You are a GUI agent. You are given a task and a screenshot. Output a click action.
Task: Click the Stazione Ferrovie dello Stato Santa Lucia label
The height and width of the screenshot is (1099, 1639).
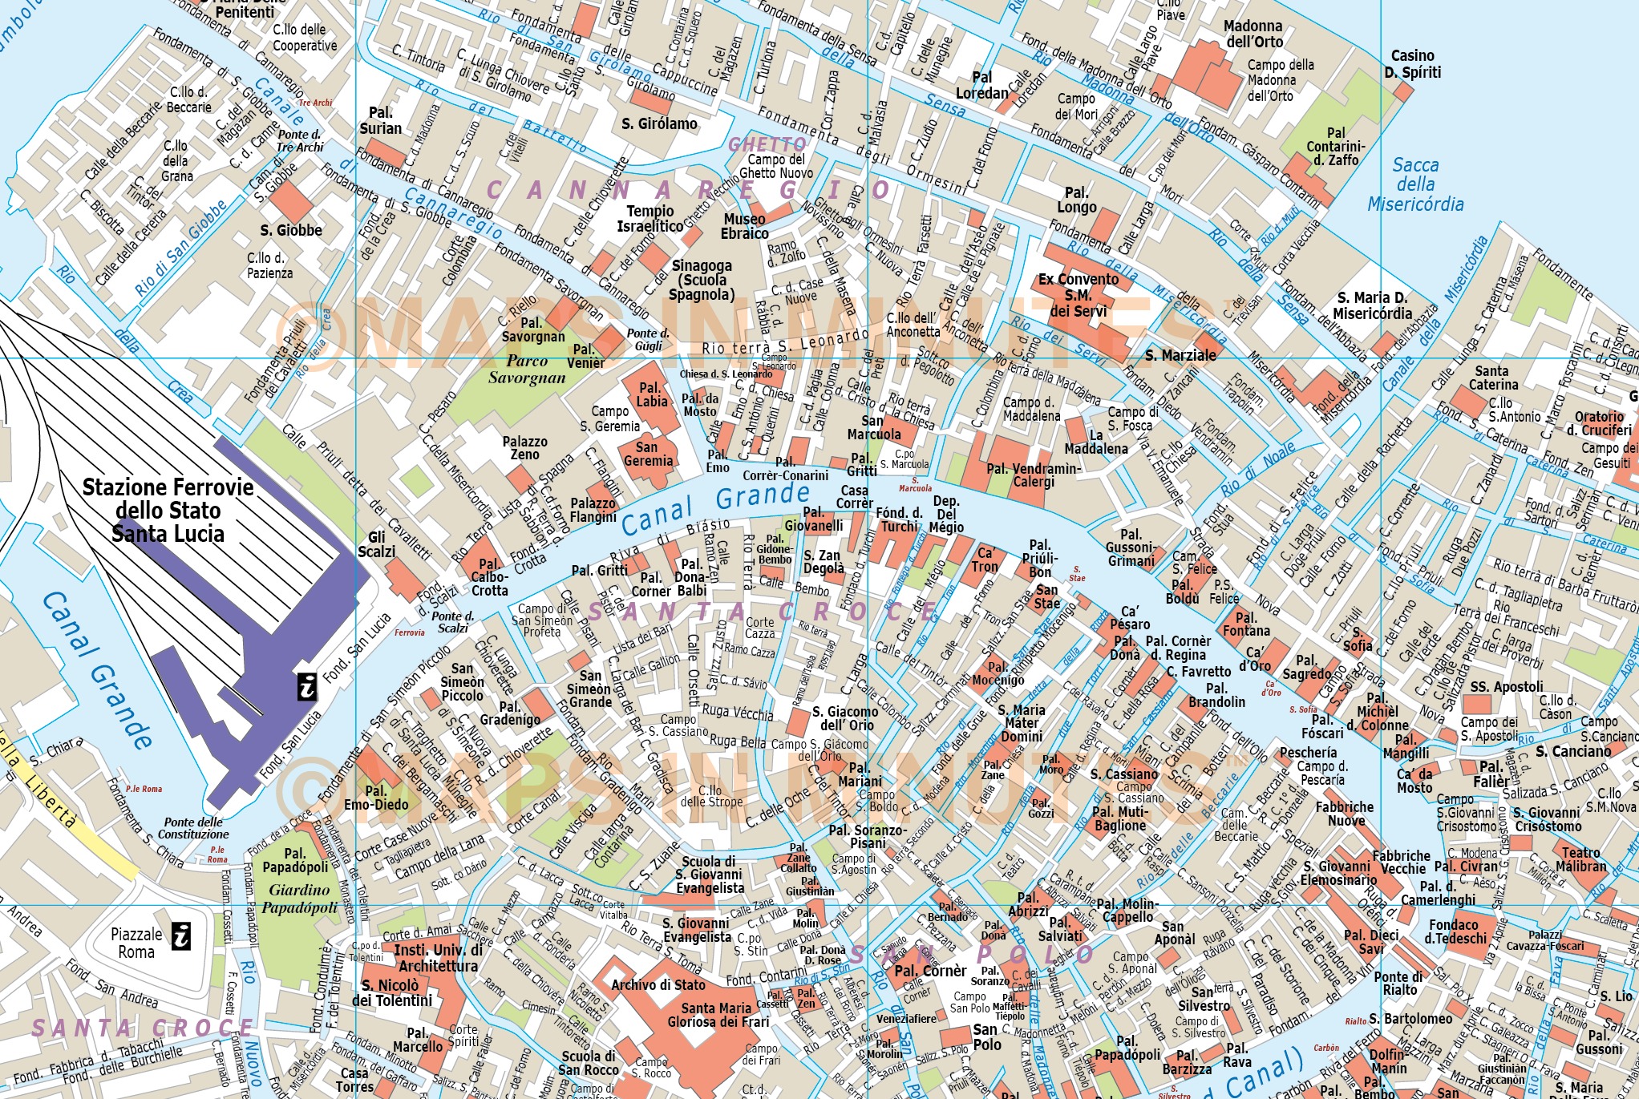tap(168, 511)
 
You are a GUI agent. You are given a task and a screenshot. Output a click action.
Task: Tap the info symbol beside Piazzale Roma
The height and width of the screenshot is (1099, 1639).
tap(182, 935)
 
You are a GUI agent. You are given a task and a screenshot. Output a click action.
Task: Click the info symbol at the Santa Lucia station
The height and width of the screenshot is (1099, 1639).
tap(307, 687)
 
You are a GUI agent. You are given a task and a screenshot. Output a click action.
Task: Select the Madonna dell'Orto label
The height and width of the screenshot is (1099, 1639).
tap(1253, 34)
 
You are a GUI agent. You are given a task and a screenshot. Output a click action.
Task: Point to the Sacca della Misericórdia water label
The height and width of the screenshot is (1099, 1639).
tap(1415, 184)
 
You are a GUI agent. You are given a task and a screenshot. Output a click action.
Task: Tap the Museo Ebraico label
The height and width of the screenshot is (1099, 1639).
tap(744, 226)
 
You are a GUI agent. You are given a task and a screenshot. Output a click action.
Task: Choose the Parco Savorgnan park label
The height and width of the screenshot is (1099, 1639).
tap(527, 370)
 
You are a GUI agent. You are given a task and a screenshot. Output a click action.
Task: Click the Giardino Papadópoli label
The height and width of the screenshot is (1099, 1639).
tap(299, 899)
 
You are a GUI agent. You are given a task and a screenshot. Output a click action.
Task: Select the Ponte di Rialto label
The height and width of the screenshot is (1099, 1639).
tap(1398, 983)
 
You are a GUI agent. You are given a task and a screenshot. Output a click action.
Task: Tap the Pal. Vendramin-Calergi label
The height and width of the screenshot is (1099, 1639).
tap(1034, 475)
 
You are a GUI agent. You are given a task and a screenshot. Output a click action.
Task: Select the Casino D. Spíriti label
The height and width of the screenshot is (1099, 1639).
tap(1412, 64)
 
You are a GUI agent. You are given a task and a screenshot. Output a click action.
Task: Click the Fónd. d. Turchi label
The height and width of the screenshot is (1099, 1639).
tap(899, 519)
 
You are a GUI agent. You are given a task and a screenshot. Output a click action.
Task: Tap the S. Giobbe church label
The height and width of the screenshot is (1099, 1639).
tap(290, 230)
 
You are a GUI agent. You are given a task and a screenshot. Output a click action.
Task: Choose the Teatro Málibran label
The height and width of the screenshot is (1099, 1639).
tap(1580, 859)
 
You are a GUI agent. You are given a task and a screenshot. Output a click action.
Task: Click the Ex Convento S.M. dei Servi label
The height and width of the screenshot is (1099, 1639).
tap(1078, 295)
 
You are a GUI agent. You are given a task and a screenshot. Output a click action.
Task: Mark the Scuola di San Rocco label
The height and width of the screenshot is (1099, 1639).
tap(588, 1063)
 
